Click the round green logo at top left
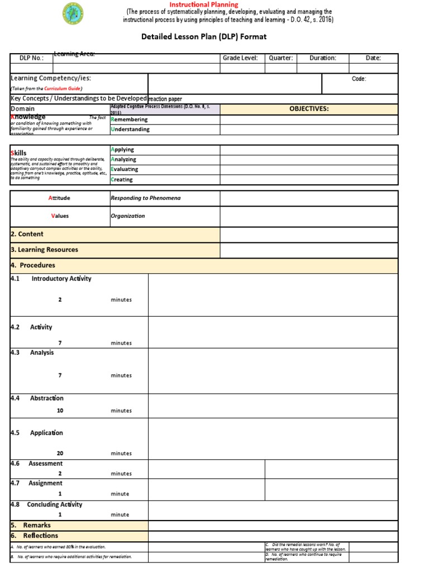click(73, 13)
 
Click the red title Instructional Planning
click(204, 4)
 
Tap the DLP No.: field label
click(31, 58)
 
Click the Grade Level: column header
click(240, 58)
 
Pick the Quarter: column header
click(280, 58)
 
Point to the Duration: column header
click(322, 58)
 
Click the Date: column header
click(373, 58)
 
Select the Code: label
click(359, 79)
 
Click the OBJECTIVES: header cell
click(308, 108)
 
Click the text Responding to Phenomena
click(145, 198)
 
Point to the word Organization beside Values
click(127, 216)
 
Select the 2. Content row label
click(27, 234)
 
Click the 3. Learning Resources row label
click(44, 250)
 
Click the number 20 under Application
click(60, 453)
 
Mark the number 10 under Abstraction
click(60, 411)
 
